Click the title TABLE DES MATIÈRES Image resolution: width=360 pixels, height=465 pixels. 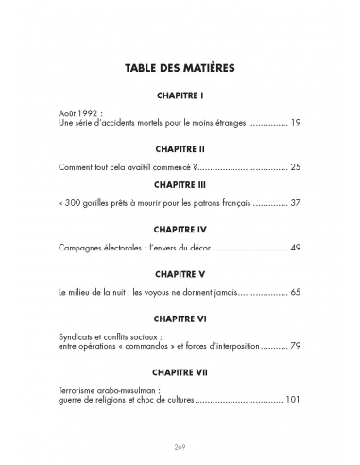click(x=180, y=69)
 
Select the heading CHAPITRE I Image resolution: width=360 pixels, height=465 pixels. click(x=180, y=96)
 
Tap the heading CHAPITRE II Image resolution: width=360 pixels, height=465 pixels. click(x=180, y=149)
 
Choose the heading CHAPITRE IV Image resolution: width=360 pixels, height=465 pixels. click(x=180, y=230)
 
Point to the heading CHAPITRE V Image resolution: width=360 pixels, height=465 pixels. click(x=180, y=274)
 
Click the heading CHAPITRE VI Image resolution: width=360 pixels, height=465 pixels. click(x=180, y=319)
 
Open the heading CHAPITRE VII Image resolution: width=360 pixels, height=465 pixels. click(x=180, y=373)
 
